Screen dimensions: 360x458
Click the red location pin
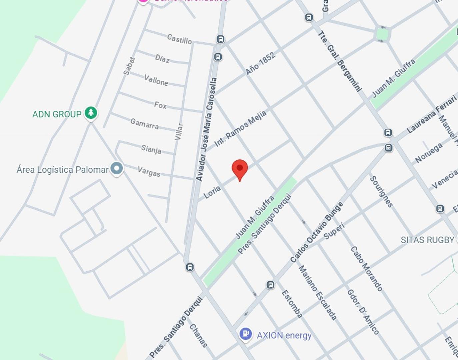tap(240, 169)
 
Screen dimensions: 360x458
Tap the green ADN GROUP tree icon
tap(91, 113)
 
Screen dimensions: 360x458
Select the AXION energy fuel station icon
tap(246, 334)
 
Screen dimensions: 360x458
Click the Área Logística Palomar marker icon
tap(117, 169)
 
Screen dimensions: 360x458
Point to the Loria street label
tap(212, 192)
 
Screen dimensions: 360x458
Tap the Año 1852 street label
tap(260, 63)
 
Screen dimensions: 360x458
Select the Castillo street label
tap(179, 39)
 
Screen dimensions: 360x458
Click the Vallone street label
tap(156, 80)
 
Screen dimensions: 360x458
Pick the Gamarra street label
tap(144, 124)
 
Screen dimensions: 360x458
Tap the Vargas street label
tap(149, 172)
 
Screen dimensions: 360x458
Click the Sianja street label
tap(151, 149)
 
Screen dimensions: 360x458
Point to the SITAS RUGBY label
tap(427, 240)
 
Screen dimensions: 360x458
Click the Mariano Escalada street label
tap(317, 293)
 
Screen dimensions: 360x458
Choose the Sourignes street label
tap(381, 192)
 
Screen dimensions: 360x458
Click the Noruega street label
tap(429, 153)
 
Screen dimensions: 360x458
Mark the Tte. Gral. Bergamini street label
tap(339, 61)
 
